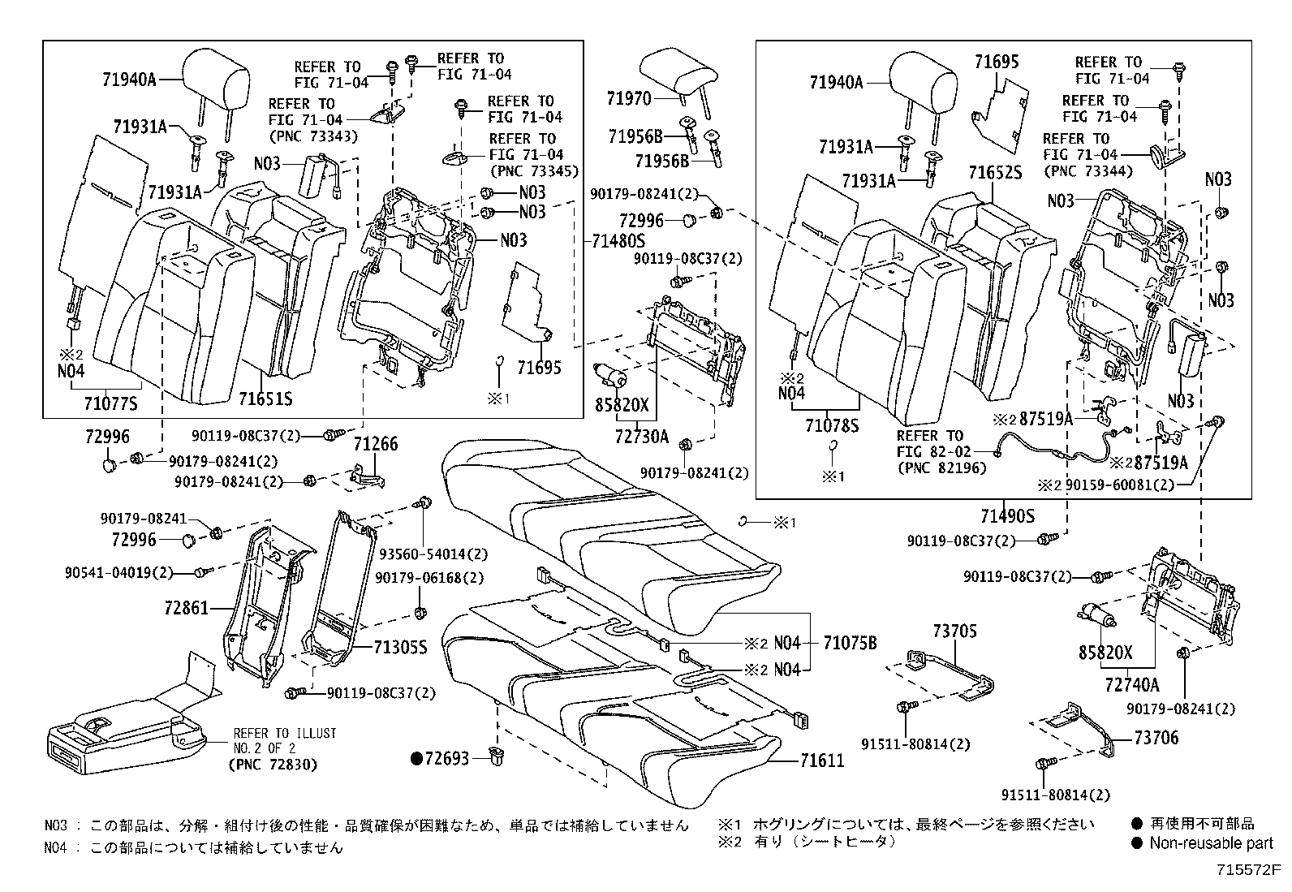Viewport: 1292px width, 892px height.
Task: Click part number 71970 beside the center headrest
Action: point(629,99)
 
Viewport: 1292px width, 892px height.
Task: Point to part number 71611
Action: point(821,761)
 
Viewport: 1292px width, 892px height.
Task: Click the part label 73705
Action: point(954,631)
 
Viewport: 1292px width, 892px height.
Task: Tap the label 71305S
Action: point(400,647)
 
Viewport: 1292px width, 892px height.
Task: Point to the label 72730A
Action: point(642,437)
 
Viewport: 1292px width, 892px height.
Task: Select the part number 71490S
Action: point(1007,516)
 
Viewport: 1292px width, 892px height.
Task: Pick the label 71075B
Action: point(850,644)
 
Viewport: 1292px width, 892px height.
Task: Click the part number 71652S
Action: point(994,172)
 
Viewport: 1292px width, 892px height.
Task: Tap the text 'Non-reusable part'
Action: point(1211,843)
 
